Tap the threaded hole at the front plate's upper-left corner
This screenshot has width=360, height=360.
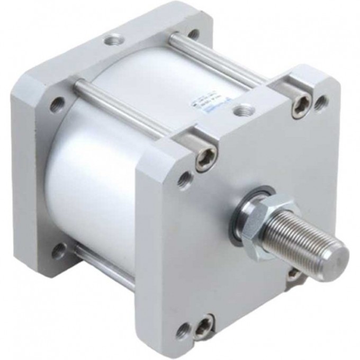tap(183, 178)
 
